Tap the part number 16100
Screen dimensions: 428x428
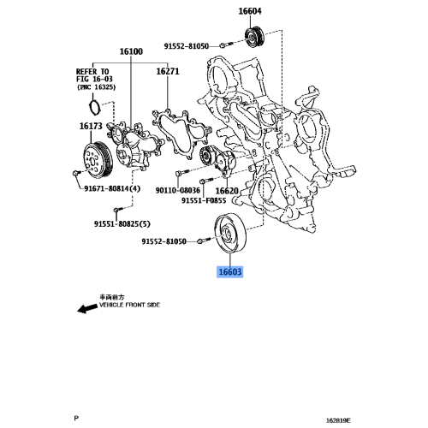[131, 52]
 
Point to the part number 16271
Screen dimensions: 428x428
[168, 73]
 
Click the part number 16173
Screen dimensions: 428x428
[91, 127]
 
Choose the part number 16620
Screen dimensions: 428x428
[227, 191]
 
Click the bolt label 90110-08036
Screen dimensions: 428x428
[178, 191]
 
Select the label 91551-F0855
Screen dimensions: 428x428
[203, 201]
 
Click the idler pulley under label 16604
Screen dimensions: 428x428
[254, 39]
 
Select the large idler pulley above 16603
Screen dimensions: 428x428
[230, 235]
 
